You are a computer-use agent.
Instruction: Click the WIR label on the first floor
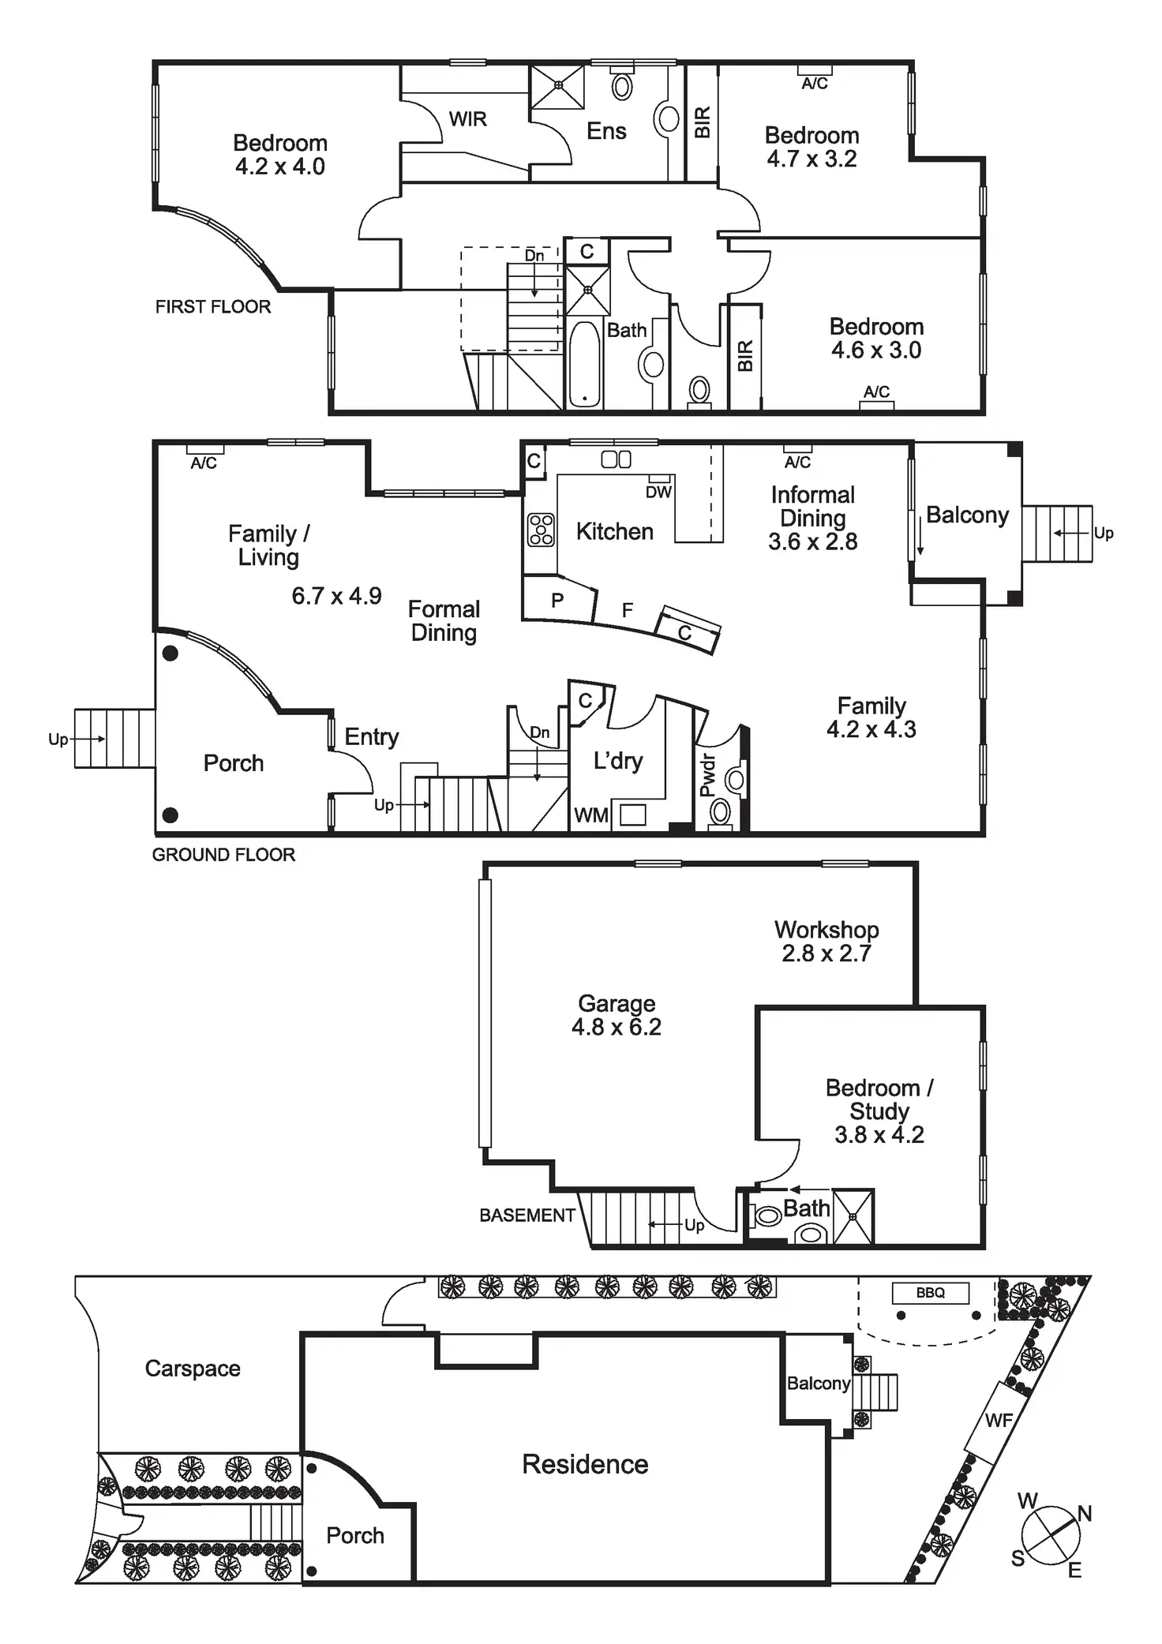coord(467,119)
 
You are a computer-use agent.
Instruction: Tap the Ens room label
coord(606,131)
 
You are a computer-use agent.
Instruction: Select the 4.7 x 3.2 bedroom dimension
coord(812,159)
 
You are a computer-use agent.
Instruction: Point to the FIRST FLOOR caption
coord(212,306)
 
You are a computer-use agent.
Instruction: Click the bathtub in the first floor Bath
coord(584,364)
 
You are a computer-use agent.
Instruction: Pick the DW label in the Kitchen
coord(658,492)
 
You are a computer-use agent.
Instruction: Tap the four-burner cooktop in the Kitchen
coord(541,530)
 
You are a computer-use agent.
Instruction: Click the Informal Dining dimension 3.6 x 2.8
coord(812,541)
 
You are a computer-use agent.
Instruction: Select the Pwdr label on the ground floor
coord(707,774)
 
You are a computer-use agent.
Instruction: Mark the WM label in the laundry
coord(590,815)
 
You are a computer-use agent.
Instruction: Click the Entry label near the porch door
coord(371,736)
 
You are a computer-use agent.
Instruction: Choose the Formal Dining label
coord(444,621)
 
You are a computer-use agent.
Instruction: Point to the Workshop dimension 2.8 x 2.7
coord(826,953)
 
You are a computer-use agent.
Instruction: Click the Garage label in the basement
coord(617,1003)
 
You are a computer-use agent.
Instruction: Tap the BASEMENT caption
coord(527,1215)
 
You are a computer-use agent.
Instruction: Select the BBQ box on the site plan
coord(930,1293)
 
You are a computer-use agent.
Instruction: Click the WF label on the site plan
coord(998,1421)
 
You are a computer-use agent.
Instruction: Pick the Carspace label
coord(193,1368)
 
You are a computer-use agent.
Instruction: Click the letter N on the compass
coord(1085,1513)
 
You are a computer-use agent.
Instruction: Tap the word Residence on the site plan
coord(585,1464)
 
